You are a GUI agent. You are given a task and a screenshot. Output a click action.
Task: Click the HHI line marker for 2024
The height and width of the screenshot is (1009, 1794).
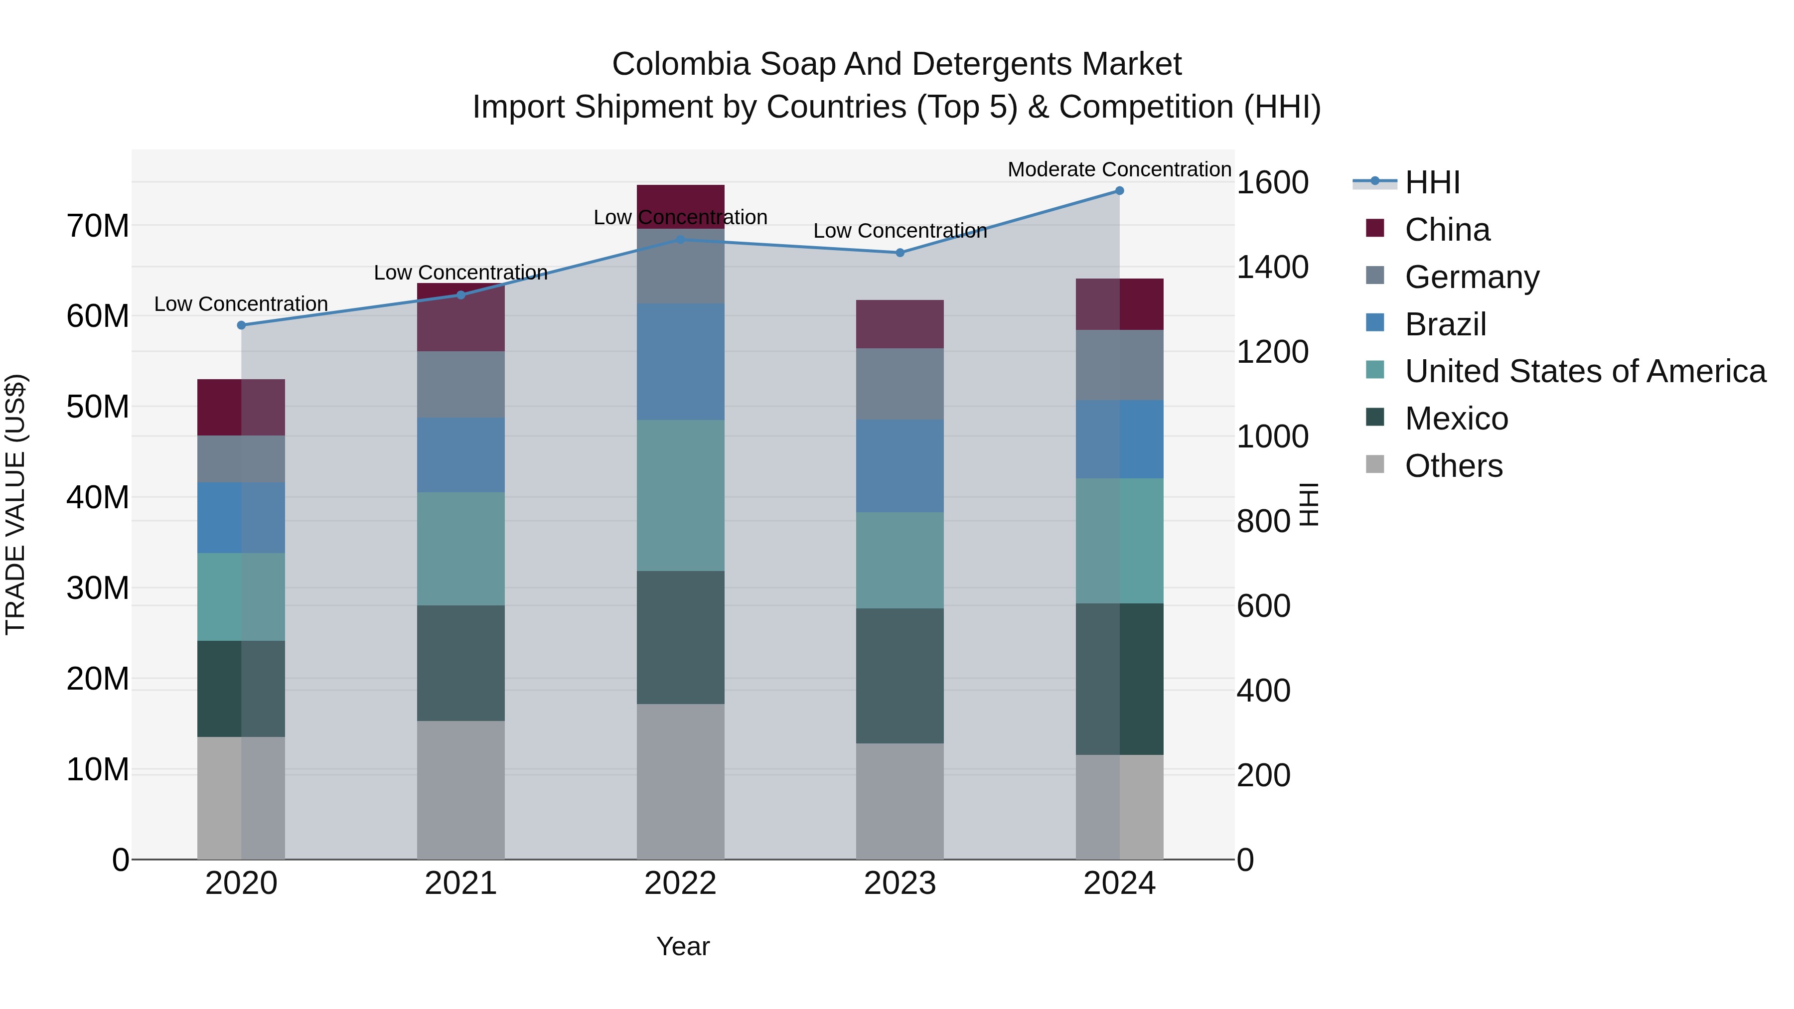click(1119, 191)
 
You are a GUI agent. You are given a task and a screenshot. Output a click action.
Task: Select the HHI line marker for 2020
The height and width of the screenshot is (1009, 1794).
click(242, 325)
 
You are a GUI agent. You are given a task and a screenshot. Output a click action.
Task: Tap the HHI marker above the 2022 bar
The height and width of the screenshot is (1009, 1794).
click(680, 240)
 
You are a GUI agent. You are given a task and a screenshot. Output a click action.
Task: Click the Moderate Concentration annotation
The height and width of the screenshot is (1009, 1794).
click(1119, 169)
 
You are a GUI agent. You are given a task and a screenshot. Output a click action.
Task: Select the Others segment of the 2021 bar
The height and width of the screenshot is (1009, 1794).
click(460, 790)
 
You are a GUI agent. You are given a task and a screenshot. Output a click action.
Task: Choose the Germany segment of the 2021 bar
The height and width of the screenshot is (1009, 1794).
click(460, 384)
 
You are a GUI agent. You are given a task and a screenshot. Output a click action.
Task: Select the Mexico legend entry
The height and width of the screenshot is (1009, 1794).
click(1456, 419)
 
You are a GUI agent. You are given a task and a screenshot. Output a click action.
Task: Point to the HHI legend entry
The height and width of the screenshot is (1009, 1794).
click(1432, 182)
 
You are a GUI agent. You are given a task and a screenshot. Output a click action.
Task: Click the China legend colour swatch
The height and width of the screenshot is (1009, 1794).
click(1375, 228)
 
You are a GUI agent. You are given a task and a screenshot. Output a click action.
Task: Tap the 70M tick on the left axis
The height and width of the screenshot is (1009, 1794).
click(98, 226)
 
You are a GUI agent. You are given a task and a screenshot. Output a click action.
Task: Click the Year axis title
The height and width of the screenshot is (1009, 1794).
click(683, 946)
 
